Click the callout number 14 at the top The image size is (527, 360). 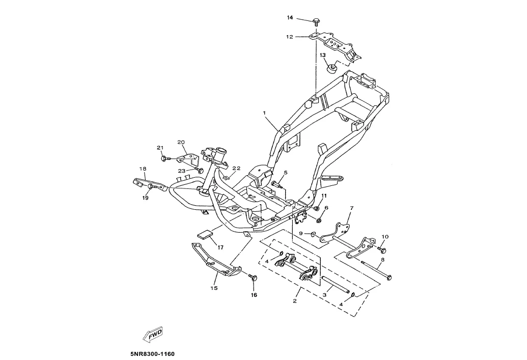[x=290, y=18]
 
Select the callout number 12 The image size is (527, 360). [x=290, y=37]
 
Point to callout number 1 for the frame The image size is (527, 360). [x=265, y=112]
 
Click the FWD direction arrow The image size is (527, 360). [x=152, y=334]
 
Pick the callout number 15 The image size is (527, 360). [x=214, y=288]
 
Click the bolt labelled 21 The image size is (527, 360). [x=164, y=158]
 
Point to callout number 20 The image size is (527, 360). [x=181, y=142]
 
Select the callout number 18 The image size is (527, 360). [x=143, y=169]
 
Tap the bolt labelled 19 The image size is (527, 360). [x=151, y=187]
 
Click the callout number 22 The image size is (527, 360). [x=236, y=168]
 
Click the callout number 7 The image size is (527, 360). [x=351, y=208]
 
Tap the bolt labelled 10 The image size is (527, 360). [x=383, y=250]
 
